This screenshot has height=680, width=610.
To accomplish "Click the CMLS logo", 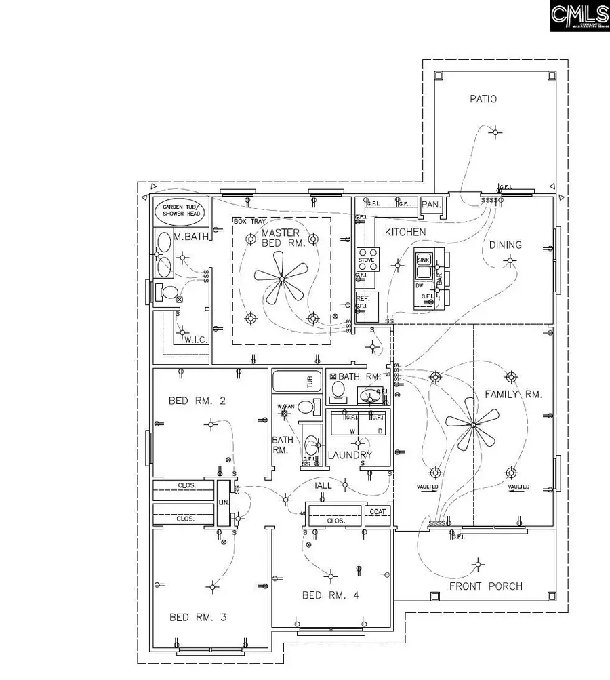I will (579, 16).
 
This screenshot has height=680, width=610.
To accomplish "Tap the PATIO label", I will (483, 99).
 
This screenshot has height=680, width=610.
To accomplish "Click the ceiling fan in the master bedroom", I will (281, 277).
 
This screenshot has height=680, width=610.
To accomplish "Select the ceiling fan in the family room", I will (472, 425).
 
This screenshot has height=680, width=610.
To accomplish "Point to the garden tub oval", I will (180, 211).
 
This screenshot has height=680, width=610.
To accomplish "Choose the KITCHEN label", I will (405, 233).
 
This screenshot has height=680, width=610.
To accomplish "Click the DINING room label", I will (506, 245).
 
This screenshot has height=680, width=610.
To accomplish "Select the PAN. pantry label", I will (430, 204).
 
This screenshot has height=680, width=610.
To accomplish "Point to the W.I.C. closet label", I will (195, 340).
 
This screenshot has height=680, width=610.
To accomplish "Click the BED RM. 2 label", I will (197, 401).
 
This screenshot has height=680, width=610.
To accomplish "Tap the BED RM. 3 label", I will (198, 618).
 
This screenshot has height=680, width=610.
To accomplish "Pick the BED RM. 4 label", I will (330, 595).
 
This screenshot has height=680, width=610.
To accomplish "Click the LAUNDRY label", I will (350, 455).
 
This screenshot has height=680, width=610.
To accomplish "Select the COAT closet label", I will (379, 512).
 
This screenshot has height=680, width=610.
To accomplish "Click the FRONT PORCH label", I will (487, 586).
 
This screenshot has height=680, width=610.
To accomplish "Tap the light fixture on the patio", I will (496, 132).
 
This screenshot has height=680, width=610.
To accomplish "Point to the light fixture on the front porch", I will (479, 563).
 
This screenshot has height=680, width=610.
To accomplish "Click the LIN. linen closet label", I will (223, 503).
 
